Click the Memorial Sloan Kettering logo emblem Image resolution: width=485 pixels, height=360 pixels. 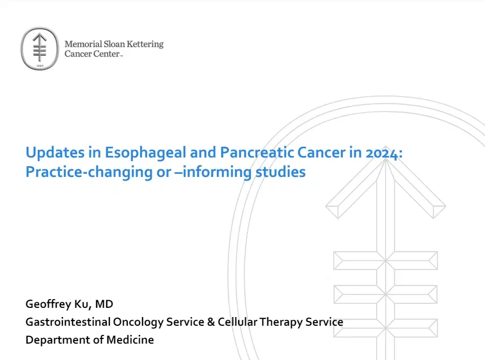click(x=40, y=49)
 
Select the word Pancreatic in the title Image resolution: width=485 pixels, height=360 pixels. click(x=262, y=152)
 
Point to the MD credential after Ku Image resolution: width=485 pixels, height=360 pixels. click(x=105, y=305)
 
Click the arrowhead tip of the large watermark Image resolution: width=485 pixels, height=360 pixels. click(x=379, y=162)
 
